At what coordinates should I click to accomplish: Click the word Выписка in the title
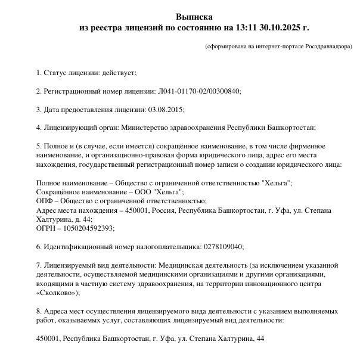tap(194, 17)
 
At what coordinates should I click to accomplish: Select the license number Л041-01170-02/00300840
tap(199, 91)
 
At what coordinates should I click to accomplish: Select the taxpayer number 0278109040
tap(224, 247)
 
